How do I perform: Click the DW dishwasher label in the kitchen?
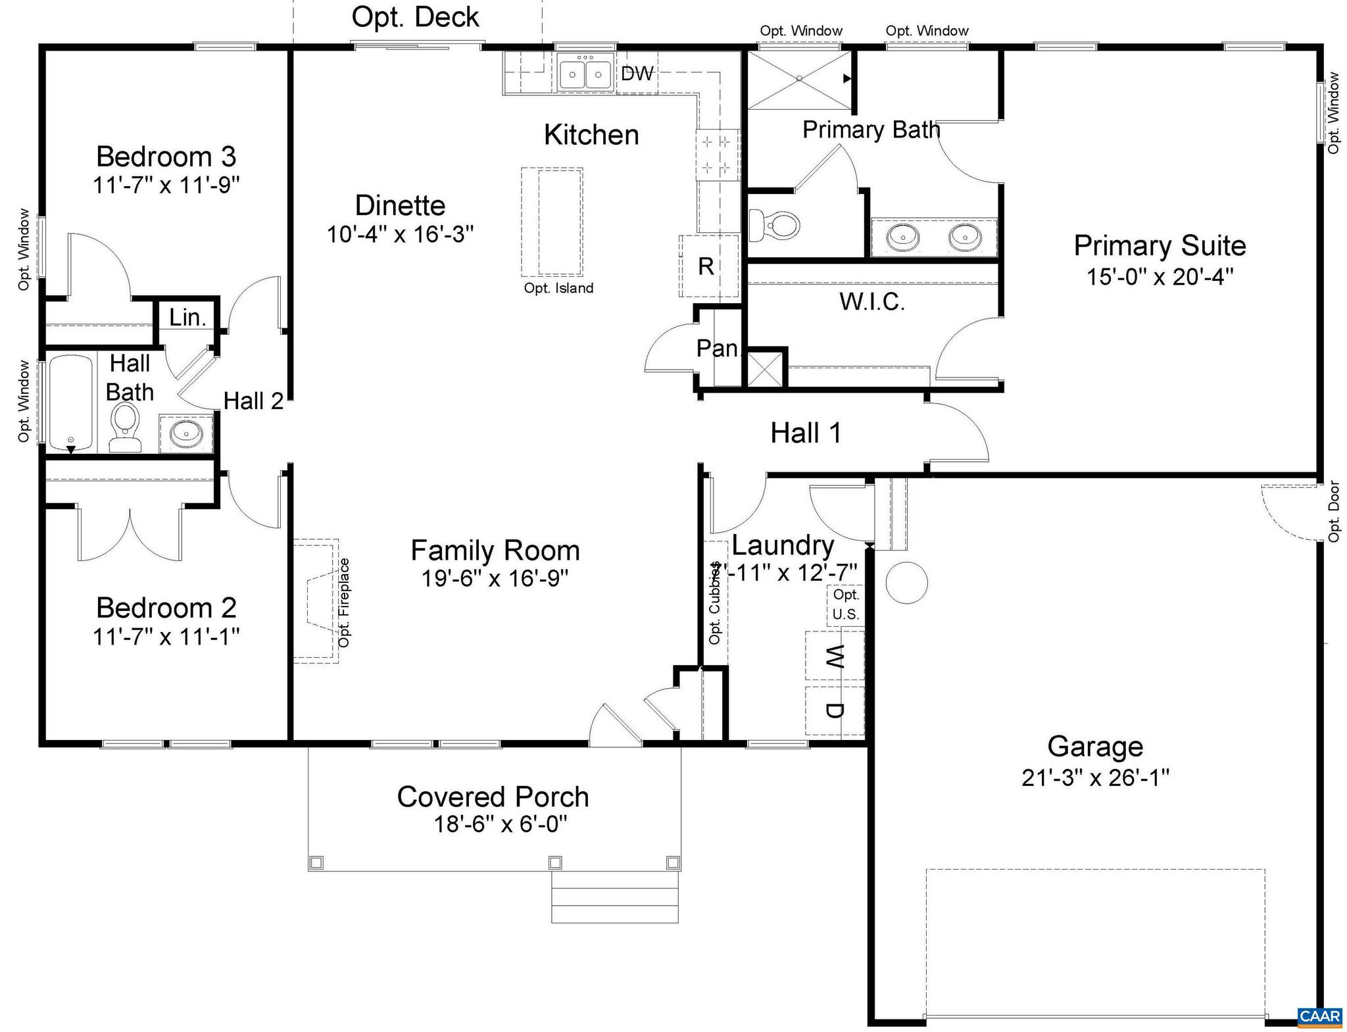(637, 74)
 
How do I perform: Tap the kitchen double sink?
(585, 73)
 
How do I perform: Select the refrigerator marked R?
(706, 266)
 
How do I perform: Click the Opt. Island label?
(558, 288)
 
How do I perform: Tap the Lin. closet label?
(187, 318)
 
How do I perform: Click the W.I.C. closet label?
(872, 302)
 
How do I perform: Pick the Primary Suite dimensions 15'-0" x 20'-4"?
(1160, 276)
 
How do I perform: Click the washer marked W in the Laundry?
(834, 656)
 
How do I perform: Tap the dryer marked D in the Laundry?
(834, 711)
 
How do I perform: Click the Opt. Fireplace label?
(344, 602)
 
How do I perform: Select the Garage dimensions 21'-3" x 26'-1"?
(1095, 778)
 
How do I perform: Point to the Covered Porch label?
(493, 797)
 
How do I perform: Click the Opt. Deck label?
(415, 17)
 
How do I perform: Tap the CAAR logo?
(1319, 1016)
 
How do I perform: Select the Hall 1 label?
(806, 433)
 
